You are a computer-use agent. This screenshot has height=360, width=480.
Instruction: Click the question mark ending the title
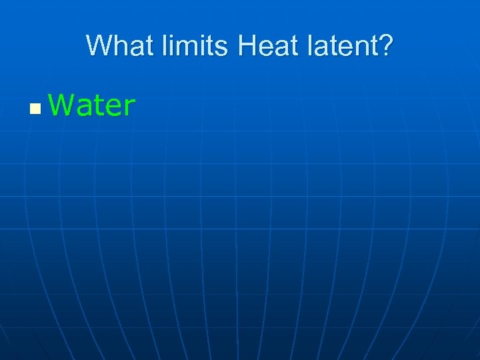coord(387,46)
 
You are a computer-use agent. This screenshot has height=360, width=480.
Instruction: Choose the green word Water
coord(92,105)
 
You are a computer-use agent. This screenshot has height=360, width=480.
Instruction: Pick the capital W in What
coord(98,46)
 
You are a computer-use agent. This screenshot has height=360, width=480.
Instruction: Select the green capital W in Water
coord(59,105)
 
